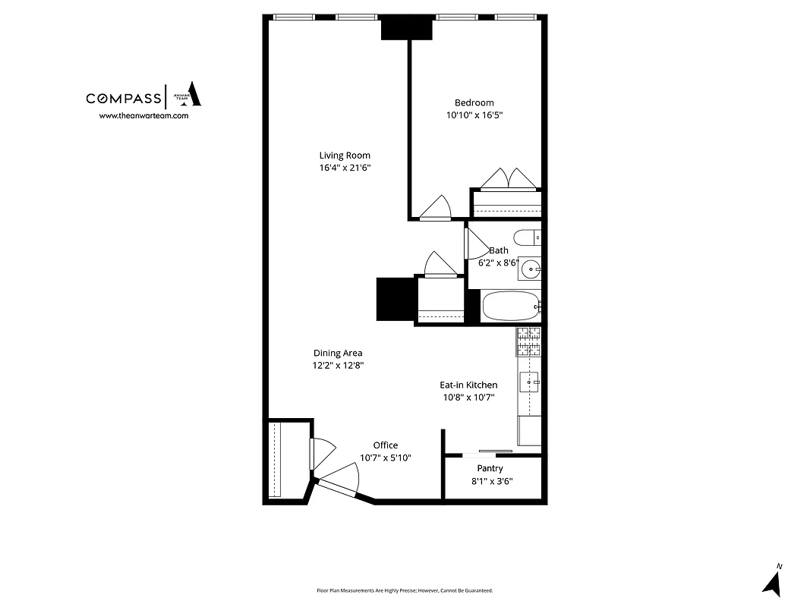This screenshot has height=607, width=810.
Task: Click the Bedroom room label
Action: (x=474, y=103)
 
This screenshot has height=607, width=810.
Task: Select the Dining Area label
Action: (x=338, y=353)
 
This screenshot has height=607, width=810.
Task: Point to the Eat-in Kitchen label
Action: (x=468, y=385)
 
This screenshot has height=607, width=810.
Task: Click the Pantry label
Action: (x=490, y=469)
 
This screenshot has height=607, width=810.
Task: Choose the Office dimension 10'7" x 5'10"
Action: (x=385, y=458)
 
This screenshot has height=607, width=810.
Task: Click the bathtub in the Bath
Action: (x=510, y=307)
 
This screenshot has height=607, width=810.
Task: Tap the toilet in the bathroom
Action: (x=526, y=237)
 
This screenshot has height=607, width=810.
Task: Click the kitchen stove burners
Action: (x=529, y=342)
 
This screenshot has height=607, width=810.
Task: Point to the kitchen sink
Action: (x=529, y=382)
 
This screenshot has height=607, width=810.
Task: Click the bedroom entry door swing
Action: (x=436, y=208)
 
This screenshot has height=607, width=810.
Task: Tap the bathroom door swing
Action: (x=476, y=244)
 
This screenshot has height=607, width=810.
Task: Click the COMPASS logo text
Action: (x=123, y=98)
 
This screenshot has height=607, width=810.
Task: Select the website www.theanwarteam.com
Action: (x=143, y=116)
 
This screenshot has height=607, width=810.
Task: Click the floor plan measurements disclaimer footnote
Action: (x=405, y=590)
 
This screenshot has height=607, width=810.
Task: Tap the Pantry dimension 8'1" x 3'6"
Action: (x=490, y=480)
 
